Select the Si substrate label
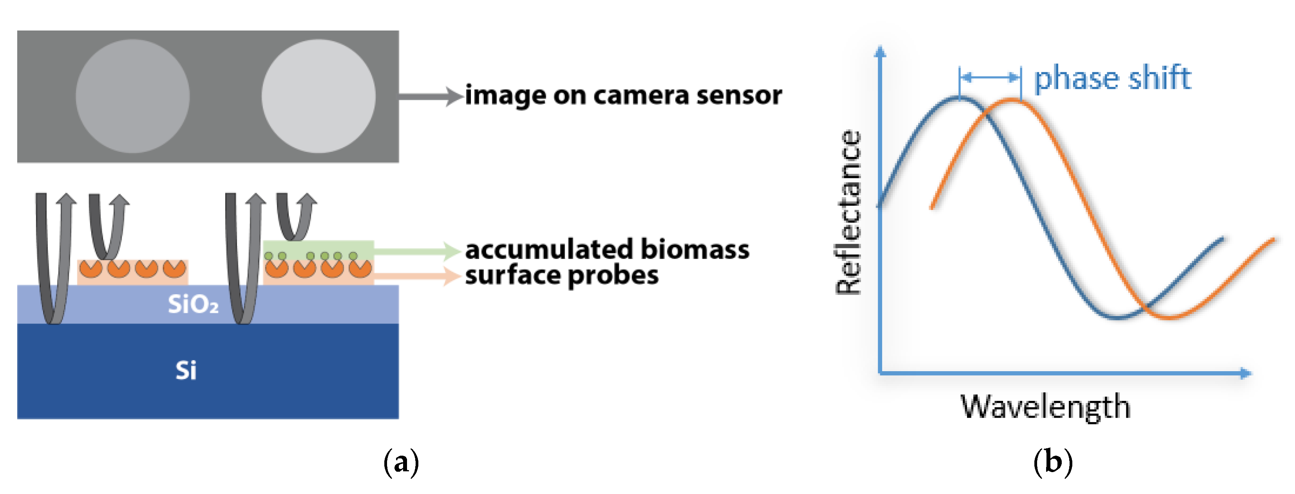tap(186, 370)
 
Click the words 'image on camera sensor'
tap(623, 95)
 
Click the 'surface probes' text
tap(562, 275)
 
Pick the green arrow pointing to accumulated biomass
tap(417, 250)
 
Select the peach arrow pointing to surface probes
tap(417, 275)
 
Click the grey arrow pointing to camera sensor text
tap(430, 96)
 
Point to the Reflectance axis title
tap(848, 212)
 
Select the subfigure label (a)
tap(401, 461)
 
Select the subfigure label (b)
tap(1053, 461)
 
